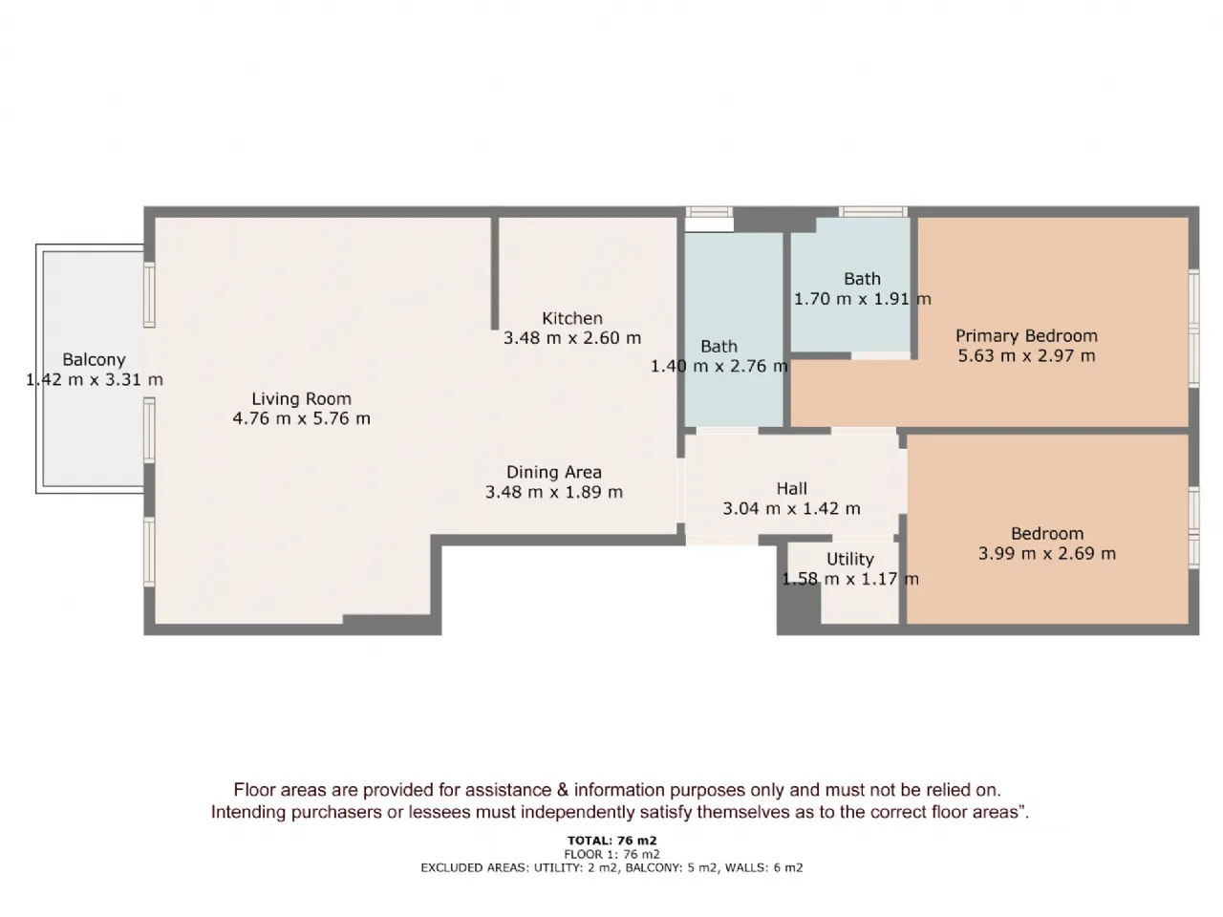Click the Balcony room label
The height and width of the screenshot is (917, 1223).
click(x=94, y=360)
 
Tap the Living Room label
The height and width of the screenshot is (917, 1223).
click(x=301, y=398)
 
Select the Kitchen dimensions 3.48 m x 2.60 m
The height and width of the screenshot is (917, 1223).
click(x=572, y=338)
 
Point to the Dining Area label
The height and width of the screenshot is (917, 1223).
click(x=554, y=472)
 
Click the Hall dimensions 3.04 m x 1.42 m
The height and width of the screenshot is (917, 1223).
click(x=791, y=508)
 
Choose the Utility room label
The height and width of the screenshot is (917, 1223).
click(x=849, y=559)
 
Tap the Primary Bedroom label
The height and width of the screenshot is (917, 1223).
click(x=1026, y=335)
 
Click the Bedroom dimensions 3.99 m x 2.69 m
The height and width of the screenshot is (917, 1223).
click(x=1047, y=553)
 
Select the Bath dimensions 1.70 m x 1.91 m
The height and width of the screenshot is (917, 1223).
click(x=862, y=299)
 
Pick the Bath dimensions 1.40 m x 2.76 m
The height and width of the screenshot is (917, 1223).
click(x=719, y=366)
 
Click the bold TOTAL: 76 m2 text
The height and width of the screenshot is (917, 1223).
click(x=611, y=841)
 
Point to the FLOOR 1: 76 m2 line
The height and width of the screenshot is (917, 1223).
click(x=611, y=854)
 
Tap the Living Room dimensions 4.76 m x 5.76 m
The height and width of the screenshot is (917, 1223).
click(x=301, y=418)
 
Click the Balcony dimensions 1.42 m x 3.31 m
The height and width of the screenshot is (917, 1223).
click(x=95, y=380)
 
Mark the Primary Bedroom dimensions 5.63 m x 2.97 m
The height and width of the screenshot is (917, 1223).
click(x=1026, y=355)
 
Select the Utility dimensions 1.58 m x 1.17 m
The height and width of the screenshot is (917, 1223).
click(x=849, y=579)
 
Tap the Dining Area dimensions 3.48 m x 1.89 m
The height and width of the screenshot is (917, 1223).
click(x=554, y=492)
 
